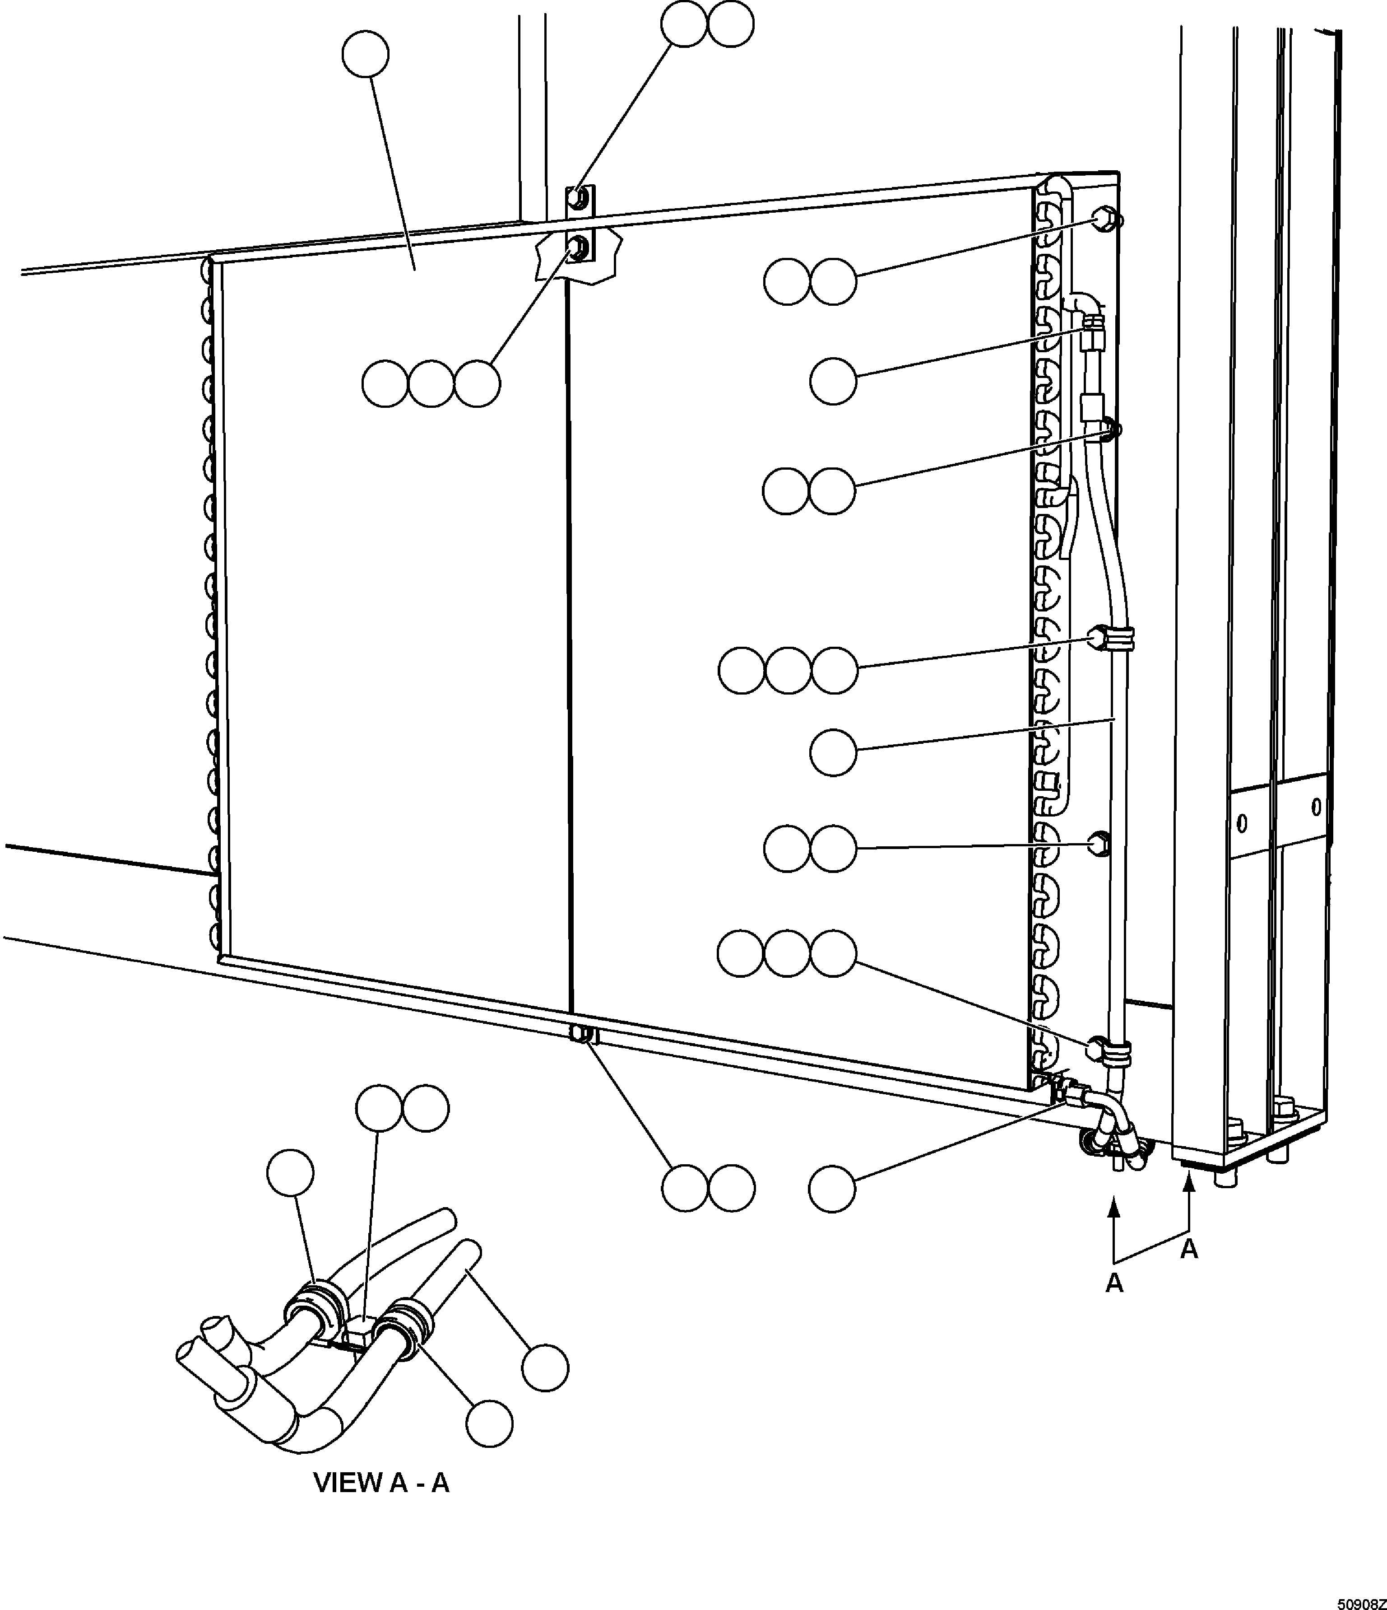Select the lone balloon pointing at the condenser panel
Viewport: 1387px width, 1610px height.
[365, 54]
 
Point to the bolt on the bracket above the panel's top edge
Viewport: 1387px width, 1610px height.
[577, 199]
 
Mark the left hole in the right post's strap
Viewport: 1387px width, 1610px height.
[1241, 823]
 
